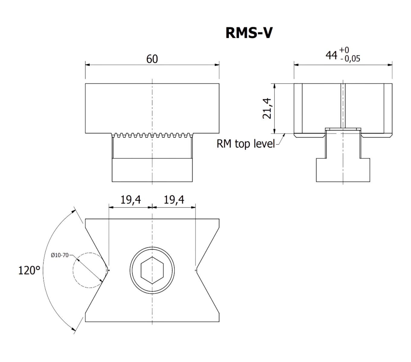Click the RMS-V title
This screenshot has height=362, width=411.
coord(249,33)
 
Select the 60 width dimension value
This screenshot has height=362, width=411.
coord(152,59)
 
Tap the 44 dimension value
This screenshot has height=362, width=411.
coord(331,55)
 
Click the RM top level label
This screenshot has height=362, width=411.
coord(246,144)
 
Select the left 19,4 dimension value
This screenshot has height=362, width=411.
coord(131,200)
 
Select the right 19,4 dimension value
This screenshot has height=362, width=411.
coord(174,200)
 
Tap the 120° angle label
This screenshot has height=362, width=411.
coord(29,270)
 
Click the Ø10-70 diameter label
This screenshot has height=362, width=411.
coord(60,255)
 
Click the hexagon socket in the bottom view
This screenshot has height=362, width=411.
coord(152,270)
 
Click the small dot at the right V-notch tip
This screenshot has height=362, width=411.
coord(196,270)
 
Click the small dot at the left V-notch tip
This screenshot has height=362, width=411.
coord(109,270)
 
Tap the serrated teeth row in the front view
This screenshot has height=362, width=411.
coord(152,135)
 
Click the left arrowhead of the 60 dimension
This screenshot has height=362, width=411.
coord(88,65)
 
